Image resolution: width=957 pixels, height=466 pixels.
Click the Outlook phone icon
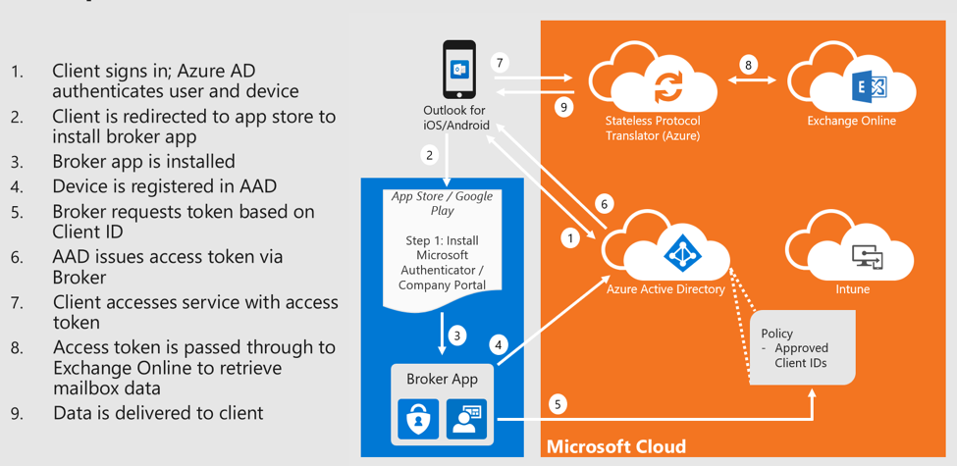coord(458,70)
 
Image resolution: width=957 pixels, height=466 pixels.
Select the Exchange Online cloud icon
coord(851,83)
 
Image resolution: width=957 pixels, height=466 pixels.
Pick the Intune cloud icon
coord(852,250)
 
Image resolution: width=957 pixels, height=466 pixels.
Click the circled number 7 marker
coord(500,64)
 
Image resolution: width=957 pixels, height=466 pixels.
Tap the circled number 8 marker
coord(749,66)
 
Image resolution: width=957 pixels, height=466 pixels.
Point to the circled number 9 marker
coord(563,107)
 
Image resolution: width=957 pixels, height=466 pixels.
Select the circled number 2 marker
coord(429,155)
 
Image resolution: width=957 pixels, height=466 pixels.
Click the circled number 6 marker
coord(605,204)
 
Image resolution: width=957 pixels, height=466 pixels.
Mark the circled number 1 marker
coord(568,237)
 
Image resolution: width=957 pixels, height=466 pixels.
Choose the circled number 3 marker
coord(456,337)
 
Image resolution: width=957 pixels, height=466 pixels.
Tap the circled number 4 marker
coord(499,344)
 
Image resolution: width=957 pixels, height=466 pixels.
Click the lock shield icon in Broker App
coord(417,418)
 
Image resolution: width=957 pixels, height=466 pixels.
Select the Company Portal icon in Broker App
coord(465,418)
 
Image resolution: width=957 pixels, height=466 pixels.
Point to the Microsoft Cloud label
coord(615,447)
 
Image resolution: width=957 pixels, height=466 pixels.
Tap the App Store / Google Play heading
coord(442,203)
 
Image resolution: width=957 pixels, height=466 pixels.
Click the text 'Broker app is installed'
coord(143,162)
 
